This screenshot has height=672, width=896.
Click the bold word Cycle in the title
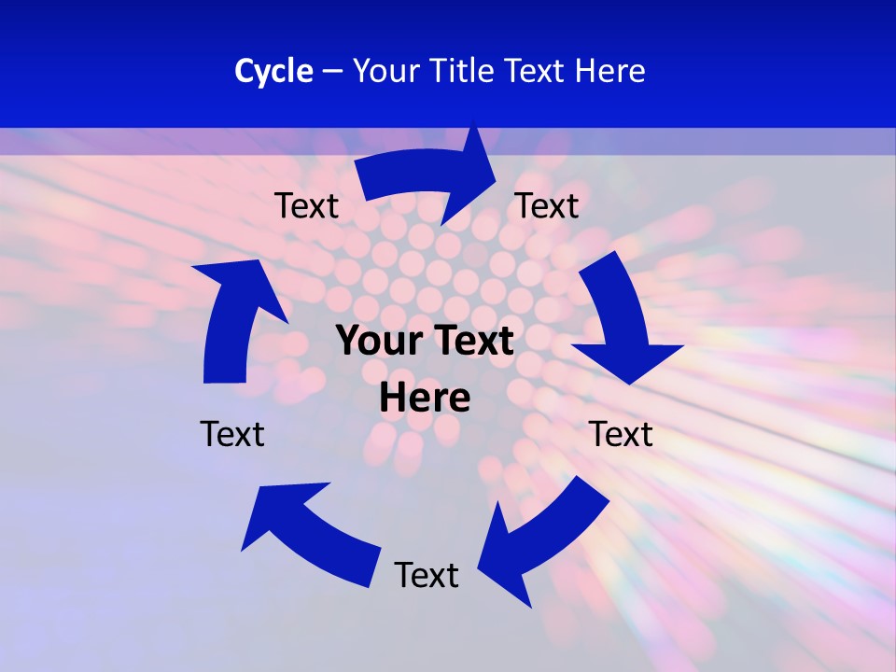[x=273, y=71]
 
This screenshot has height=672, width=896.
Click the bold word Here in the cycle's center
[x=425, y=398]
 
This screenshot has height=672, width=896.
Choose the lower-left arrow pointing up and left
[x=308, y=532]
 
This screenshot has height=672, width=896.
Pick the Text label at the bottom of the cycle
[x=427, y=575]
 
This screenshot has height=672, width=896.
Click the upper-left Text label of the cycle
[x=306, y=206]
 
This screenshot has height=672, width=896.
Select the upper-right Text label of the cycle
[x=547, y=205]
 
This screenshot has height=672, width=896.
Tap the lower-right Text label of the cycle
[x=621, y=434]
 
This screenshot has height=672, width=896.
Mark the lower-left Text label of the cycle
[x=232, y=434]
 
